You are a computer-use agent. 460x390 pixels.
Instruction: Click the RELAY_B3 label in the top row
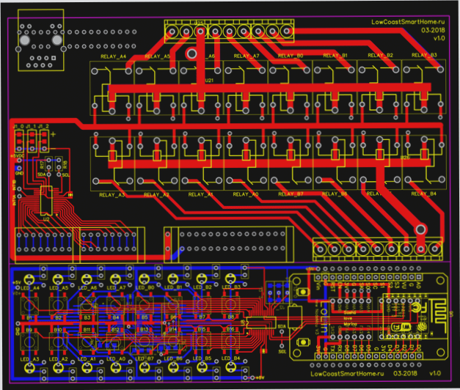pyautogui.click(x=425, y=56)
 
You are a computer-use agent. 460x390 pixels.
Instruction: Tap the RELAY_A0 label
pyautogui.click(x=247, y=194)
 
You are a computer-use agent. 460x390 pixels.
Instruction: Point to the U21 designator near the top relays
pyautogui.click(x=208, y=79)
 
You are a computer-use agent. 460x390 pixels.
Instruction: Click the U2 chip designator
pyautogui.click(x=46, y=218)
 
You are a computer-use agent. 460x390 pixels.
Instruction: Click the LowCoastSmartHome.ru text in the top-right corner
pyautogui.click(x=409, y=23)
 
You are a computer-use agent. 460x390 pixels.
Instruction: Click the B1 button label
pyautogui.click(x=30, y=317)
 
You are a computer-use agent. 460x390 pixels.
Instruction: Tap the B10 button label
pyautogui.click(x=58, y=331)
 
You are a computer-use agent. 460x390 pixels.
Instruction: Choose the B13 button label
pyautogui.click(x=145, y=331)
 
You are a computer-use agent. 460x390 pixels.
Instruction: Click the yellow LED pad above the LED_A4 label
pyautogui.click(x=29, y=278)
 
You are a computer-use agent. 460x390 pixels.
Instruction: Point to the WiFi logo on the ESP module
pyautogui.click(x=401, y=325)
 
